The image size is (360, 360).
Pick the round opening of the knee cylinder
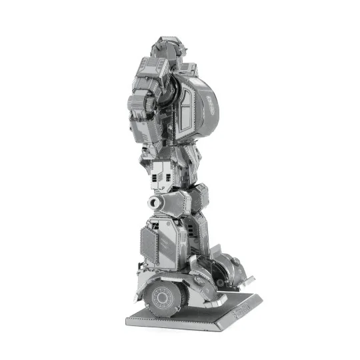pyautogui.click(x=154, y=202)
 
